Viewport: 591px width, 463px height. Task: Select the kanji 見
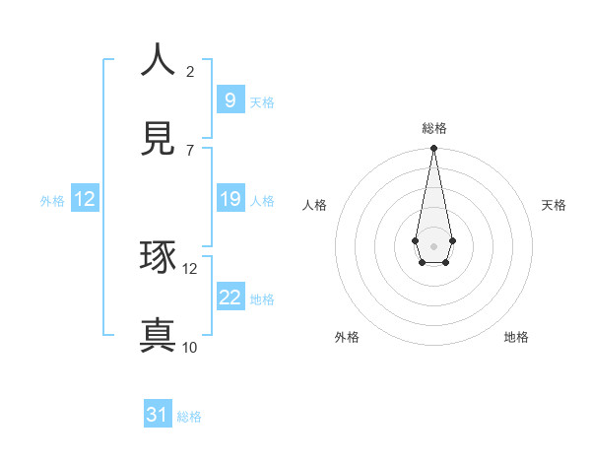pos(158,139)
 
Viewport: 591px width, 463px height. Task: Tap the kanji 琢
pos(158,257)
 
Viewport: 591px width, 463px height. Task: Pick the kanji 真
pos(158,336)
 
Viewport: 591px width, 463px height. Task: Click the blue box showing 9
pos(230,99)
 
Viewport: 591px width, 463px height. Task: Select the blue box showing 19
pos(230,199)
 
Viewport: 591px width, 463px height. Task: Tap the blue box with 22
pos(230,298)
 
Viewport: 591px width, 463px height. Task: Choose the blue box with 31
pos(158,415)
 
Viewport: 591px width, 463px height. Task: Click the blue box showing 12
pos(85,199)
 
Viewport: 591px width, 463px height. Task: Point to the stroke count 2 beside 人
pos(190,71)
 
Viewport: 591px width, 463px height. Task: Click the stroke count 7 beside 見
pos(190,150)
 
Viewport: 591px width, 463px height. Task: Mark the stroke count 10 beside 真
pos(190,347)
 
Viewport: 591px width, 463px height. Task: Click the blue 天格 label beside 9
pos(262,101)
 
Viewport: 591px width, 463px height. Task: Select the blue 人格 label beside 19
pos(262,200)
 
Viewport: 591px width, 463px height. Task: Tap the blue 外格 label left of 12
pos(52,200)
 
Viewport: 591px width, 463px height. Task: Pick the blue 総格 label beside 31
pos(189,417)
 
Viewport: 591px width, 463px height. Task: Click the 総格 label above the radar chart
pos(434,128)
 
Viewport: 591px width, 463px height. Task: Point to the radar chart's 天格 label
pos(555,205)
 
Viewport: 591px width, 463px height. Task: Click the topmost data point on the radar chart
pos(433,148)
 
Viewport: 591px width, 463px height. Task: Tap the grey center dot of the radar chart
pos(433,244)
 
